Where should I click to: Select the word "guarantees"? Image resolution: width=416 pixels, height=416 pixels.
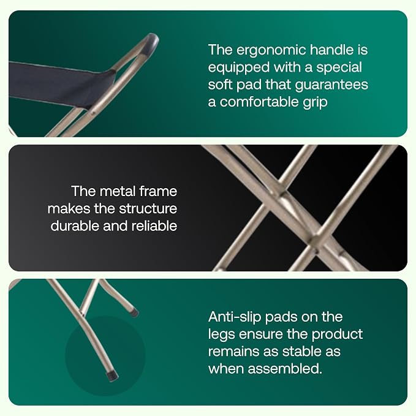[331, 85]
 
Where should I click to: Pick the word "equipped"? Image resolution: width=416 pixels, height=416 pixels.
[238, 68]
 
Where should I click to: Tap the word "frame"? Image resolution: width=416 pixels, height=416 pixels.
[158, 191]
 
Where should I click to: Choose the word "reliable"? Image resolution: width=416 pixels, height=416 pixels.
[154, 226]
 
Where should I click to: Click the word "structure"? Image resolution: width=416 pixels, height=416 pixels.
[148, 209]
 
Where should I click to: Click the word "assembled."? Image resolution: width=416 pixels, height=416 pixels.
[285, 369]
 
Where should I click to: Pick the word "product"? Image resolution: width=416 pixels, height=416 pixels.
[337, 335]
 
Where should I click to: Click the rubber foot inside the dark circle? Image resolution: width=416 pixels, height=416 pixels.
[113, 376]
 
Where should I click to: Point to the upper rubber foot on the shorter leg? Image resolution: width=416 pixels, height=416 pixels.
[135, 312]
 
